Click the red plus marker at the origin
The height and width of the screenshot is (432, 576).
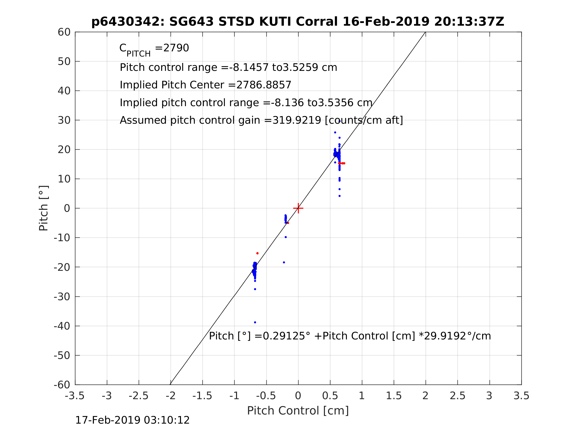point(298,208)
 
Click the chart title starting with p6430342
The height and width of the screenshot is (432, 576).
point(298,22)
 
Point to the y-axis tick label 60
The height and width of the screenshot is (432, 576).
point(64,32)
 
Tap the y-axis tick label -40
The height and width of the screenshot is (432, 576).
point(62,326)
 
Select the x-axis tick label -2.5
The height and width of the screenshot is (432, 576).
point(139,396)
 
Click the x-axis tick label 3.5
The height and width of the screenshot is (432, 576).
point(521,396)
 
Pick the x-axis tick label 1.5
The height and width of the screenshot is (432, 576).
point(394,396)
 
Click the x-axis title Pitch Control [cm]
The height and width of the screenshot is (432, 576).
point(298,411)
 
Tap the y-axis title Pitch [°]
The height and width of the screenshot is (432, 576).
point(43,208)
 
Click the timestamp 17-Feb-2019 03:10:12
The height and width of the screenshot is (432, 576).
point(132,420)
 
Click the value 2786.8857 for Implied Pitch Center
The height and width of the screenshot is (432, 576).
point(263,85)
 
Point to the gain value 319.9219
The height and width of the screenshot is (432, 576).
point(297,120)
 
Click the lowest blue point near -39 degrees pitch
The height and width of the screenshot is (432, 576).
point(255,322)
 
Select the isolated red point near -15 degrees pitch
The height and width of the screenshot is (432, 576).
point(257,253)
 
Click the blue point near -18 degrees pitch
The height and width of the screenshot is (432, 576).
point(284,262)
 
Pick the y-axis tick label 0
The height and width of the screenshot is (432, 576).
point(67,208)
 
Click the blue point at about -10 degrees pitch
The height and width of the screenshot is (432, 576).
point(286,237)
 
